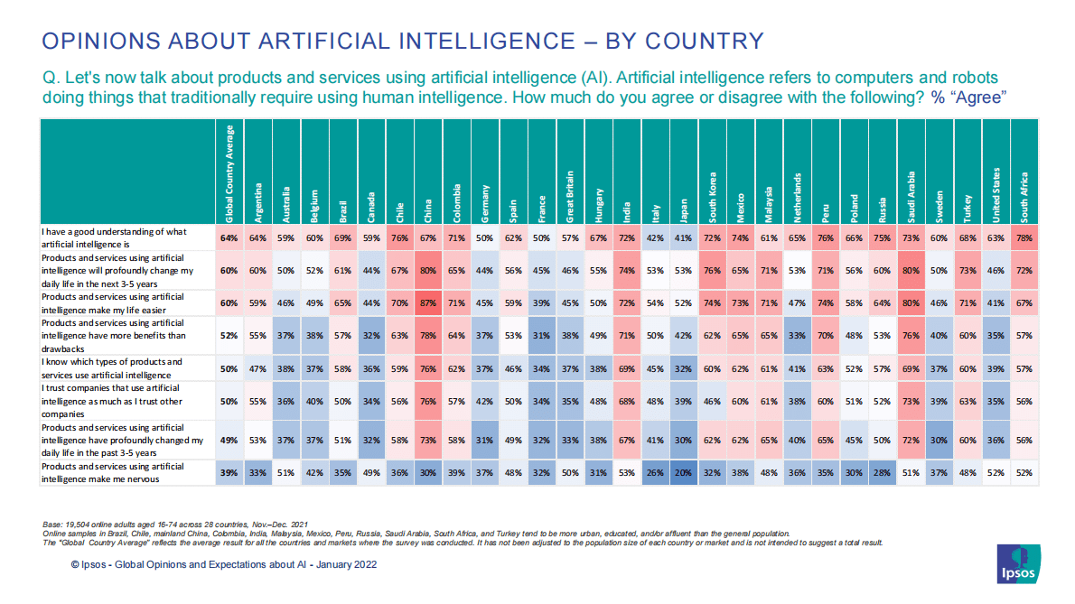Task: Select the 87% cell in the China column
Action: point(428,303)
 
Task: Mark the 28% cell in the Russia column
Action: point(883,470)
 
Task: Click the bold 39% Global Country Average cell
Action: point(230,470)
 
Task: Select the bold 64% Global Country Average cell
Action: point(230,237)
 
